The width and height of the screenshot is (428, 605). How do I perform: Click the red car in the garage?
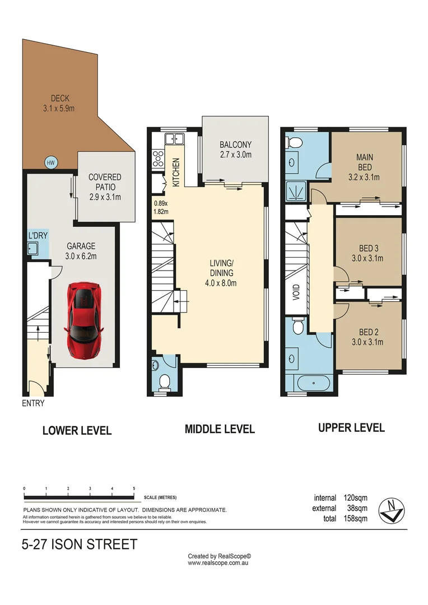[x=83, y=320]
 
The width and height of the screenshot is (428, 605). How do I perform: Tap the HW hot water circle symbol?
[x=52, y=163]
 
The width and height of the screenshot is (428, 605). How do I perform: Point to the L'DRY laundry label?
[x=37, y=236]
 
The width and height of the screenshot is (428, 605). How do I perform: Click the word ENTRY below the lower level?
[x=33, y=403]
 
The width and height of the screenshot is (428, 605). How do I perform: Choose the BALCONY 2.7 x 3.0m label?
[x=235, y=150]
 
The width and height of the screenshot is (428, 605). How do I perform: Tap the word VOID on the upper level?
[x=296, y=293]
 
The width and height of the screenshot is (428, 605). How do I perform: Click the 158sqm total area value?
[x=355, y=519]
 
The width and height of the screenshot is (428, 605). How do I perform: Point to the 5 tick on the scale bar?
[x=134, y=488]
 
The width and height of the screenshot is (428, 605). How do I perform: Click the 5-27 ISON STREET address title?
[x=78, y=544]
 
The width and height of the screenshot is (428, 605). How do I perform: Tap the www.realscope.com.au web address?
[x=218, y=562]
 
